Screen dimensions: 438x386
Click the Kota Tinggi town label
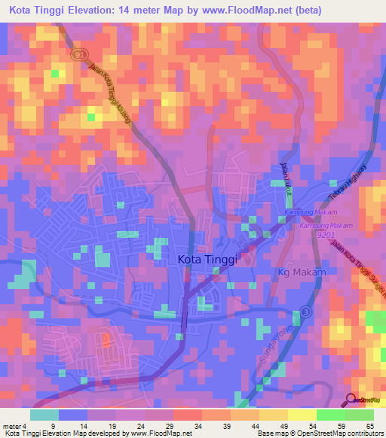207,259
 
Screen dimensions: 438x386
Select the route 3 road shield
305,311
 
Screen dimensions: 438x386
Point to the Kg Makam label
301,272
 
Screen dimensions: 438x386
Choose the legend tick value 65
369,425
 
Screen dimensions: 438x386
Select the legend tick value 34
198,425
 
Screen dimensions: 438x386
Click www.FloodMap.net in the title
250,11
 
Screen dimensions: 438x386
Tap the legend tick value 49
283,425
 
